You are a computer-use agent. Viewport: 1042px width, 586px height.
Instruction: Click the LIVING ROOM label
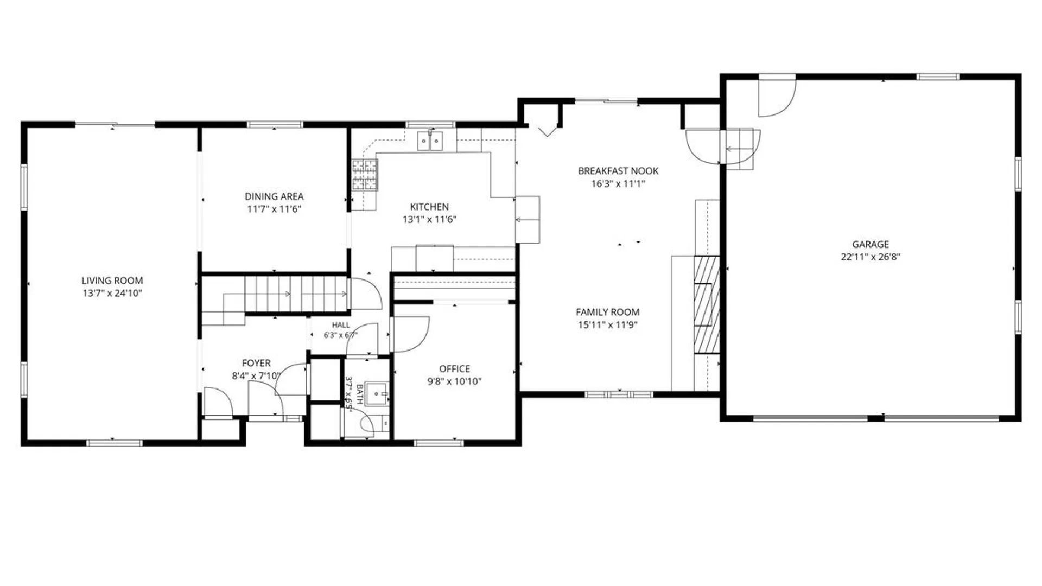[x=112, y=281]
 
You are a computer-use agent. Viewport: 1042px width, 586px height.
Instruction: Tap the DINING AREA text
[x=274, y=196]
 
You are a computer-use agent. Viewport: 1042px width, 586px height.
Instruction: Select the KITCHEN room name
[x=429, y=207]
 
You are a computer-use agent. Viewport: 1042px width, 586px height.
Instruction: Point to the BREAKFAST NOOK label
[x=618, y=171]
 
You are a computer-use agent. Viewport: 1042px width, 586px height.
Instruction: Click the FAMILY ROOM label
[x=607, y=312]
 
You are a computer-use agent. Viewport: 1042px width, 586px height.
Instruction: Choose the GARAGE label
[x=871, y=244]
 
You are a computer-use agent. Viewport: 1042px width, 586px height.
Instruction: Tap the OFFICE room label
[x=455, y=368]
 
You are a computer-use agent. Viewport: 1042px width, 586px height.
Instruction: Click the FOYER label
[x=256, y=363]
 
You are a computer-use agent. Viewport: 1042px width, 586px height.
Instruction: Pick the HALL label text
[x=341, y=325]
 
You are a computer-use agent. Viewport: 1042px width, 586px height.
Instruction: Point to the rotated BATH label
[x=359, y=394]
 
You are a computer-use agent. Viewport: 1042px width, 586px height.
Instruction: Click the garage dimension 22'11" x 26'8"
[x=871, y=257]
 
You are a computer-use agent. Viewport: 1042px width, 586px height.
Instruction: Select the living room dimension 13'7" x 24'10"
[x=112, y=294]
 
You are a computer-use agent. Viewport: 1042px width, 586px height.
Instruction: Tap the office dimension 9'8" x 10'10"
[x=455, y=381]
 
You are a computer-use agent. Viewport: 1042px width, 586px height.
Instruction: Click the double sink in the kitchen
[x=430, y=141]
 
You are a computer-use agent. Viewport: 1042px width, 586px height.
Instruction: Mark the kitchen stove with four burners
[x=364, y=175]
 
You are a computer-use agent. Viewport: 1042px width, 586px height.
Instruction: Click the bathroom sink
[x=377, y=393]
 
